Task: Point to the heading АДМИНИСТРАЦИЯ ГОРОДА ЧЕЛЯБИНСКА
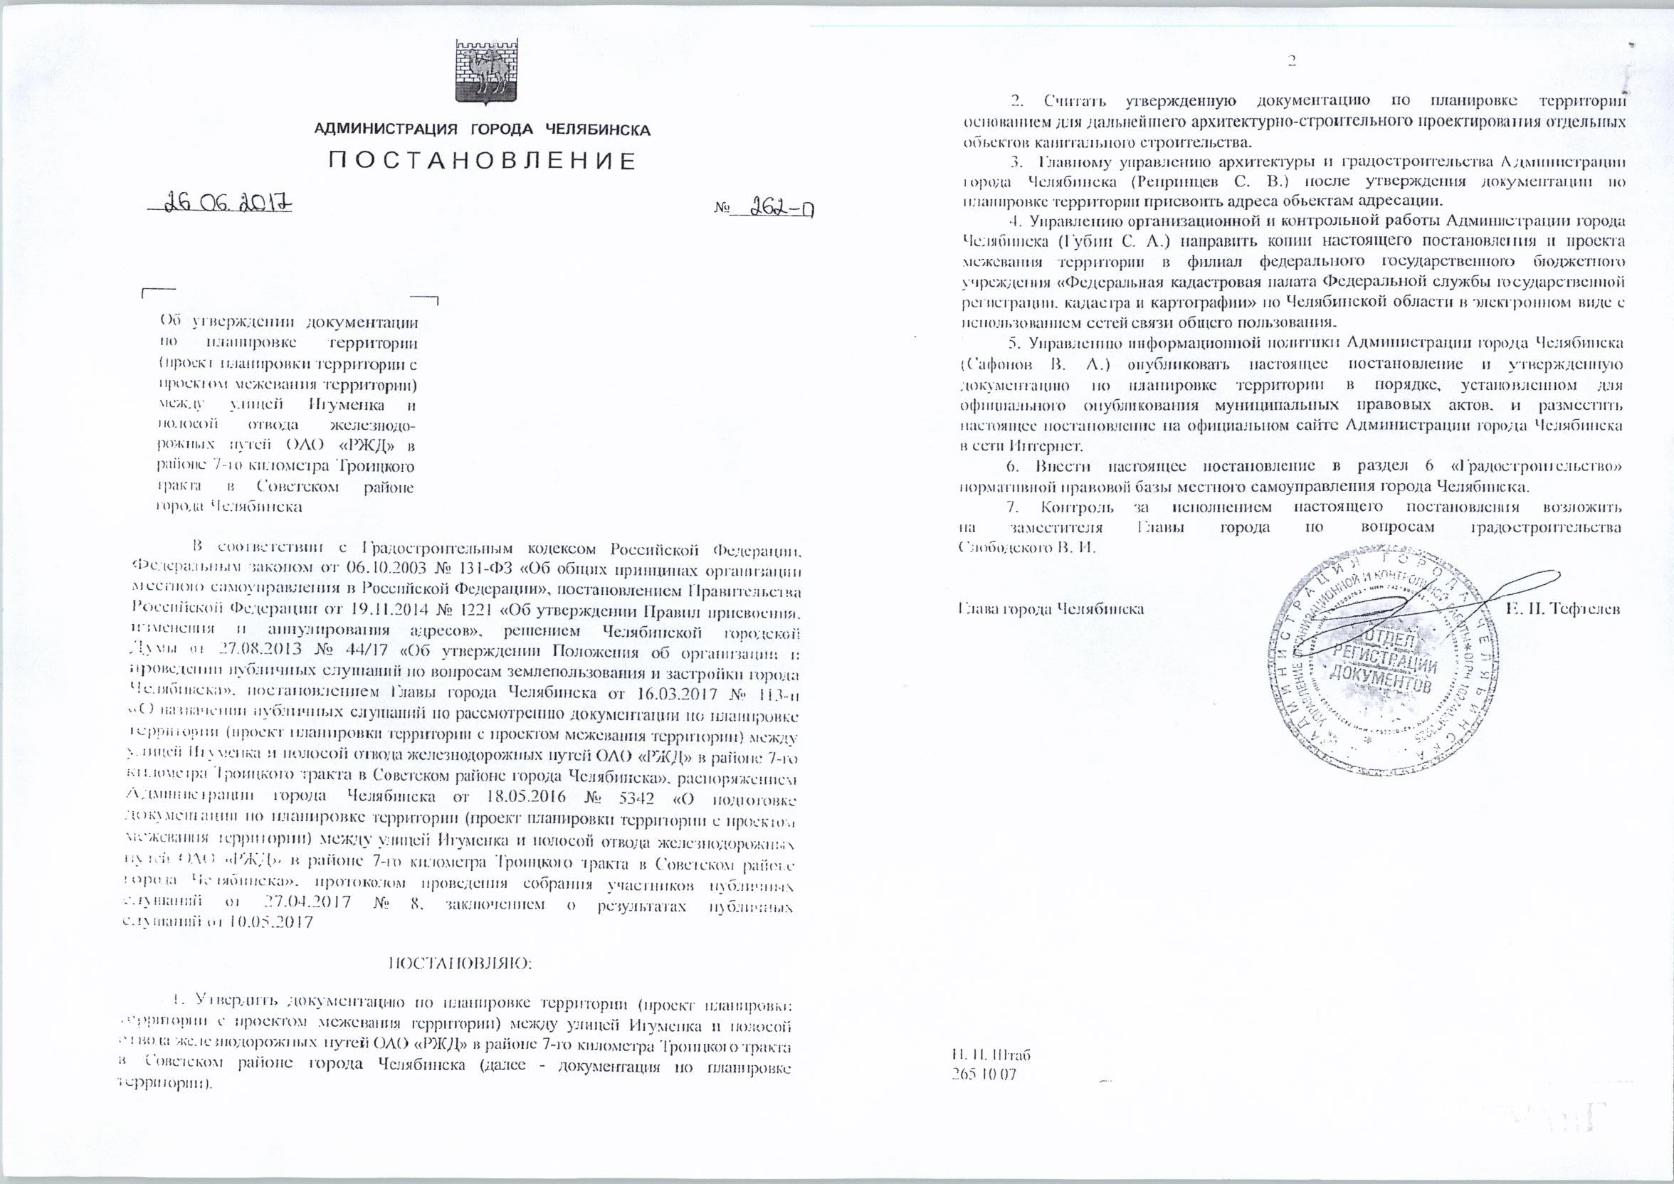tap(482, 130)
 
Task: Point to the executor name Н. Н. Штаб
tap(991, 1055)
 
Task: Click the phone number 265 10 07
tap(984, 1074)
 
